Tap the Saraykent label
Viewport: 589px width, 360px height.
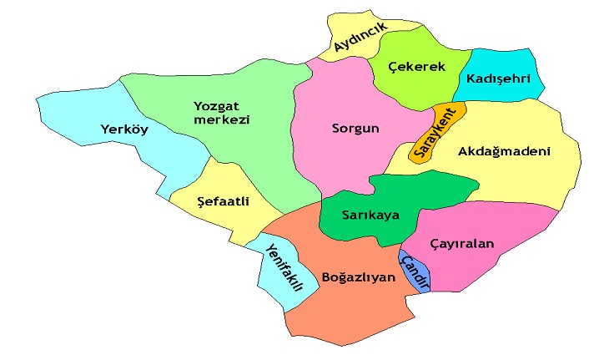436,131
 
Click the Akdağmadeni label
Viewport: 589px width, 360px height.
505,151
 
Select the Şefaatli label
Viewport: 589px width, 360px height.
224,201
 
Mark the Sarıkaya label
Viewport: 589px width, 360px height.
370,215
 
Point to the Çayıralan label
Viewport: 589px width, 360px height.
462,244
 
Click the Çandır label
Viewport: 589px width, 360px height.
415,271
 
